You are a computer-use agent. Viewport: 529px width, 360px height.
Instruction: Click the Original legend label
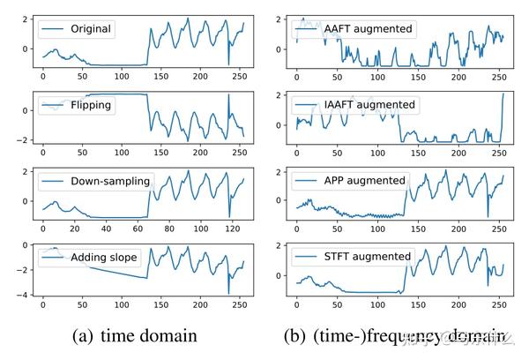click(91, 29)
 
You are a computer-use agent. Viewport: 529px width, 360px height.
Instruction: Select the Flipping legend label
click(91, 105)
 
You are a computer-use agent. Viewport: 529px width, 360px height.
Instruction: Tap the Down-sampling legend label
click(110, 182)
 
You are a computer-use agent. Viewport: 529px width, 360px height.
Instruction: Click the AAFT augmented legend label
click(368, 29)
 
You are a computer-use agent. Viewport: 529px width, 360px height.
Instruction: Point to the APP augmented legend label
click(364, 181)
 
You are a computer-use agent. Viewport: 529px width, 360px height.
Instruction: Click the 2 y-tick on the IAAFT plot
click(279, 95)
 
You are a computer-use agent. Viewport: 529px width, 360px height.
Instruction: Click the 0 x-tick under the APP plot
click(296, 231)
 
